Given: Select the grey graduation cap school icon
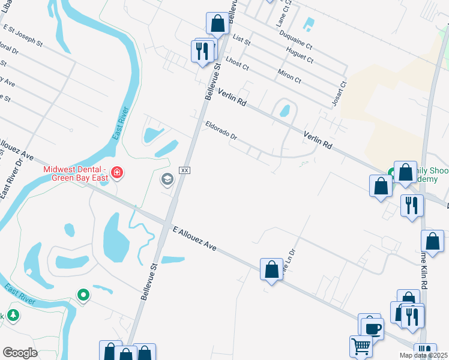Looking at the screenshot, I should click(x=166, y=179).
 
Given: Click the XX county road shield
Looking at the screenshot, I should click(x=185, y=170).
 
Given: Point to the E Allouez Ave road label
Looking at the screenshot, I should click(x=194, y=238).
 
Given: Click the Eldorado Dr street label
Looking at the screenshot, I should click(x=221, y=131).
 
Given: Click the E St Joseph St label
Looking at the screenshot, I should click(x=23, y=35).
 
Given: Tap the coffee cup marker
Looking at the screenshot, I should click(x=372, y=329).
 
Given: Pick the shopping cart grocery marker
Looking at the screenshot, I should click(x=361, y=346).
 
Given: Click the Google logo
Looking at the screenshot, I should click(x=20, y=352).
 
